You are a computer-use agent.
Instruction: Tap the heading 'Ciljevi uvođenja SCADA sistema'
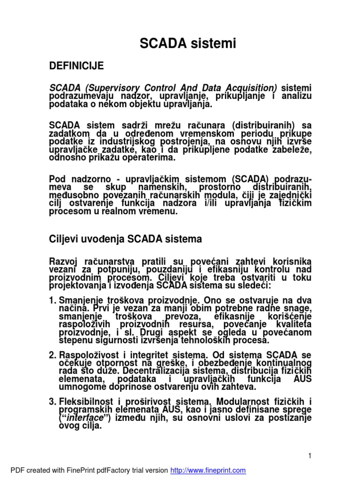126,239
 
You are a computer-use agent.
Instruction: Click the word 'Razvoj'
62,260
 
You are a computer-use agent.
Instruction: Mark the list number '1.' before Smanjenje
53,300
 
